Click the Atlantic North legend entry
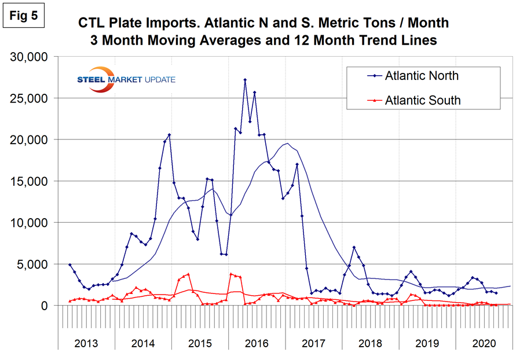[x=421, y=76]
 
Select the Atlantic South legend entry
[x=422, y=100]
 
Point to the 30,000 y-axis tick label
[x=30, y=57]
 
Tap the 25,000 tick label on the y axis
[x=30, y=98]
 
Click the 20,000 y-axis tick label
[x=30, y=140]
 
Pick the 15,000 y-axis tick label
[x=30, y=181]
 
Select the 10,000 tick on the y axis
[x=30, y=223]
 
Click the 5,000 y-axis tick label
[x=34, y=265]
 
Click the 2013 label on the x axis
[x=87, y=343]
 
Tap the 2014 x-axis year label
[x=144, y=343]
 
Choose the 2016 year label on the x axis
[x=257, y=343]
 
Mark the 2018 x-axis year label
[x=371, y=343]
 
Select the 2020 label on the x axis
[x=484, y=343]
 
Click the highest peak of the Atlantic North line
[x=245, y=79]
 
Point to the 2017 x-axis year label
[x=314, y=343]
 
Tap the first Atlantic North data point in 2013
[x=70, y=265]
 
